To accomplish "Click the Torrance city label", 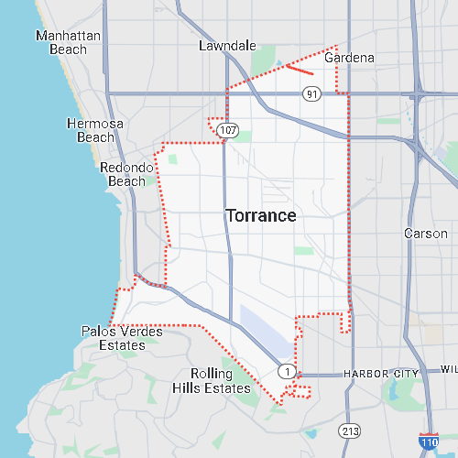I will (x=261, y=216).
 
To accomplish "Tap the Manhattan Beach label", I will (x=67, y=43).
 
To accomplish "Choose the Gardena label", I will (x=350, y=58).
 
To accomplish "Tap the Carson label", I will (x=426, y=234).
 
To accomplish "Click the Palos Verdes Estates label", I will (x=122, y=338).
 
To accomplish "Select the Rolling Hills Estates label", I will (x=212, y=381).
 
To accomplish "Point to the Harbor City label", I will (x=381, y=374).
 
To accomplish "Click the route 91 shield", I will (x=312, y=93).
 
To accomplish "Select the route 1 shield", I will (x=288, y=371).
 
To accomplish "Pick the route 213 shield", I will (x=350, y=430).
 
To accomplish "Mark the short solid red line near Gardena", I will (x=300, y=68).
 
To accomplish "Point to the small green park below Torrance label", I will (x=302, y=250).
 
